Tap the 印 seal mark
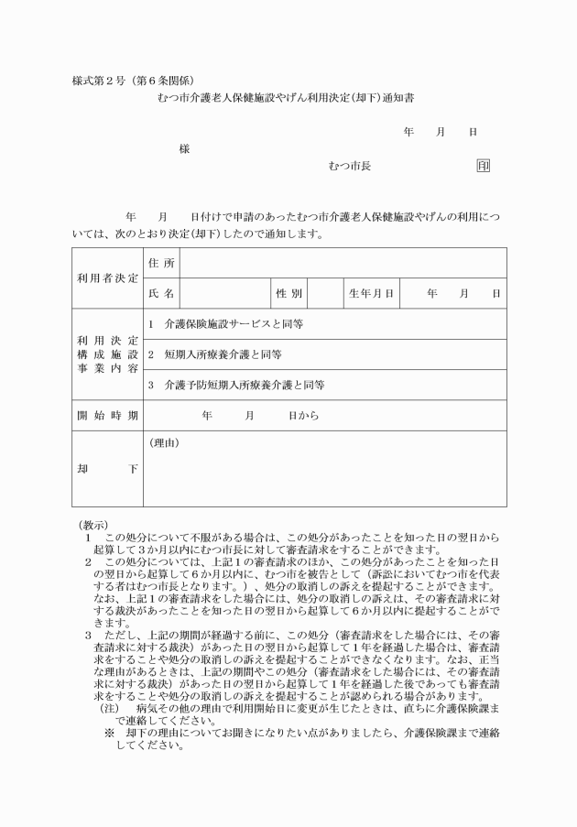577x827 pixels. pyautogui.click(x=483, y=166)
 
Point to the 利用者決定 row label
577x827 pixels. pyautogui.click(x=106, y=277)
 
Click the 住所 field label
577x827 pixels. pyautogui.click(x=160, y=264)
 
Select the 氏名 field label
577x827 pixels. pyautogui.click(x=160, y=294)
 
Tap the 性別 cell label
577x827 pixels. pyautogui.click(x=288, y=294)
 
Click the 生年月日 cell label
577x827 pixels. pyautogui.click(x=371, y=294)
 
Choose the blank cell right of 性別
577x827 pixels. pyautogui.click(x=324, y=294)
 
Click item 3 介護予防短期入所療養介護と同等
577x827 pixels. pyautogui.click(x=236, y=386)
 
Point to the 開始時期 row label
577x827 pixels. pyautogui.click(x=106, y=416)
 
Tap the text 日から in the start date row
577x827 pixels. pyautogui.click(x=303, y=416)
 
